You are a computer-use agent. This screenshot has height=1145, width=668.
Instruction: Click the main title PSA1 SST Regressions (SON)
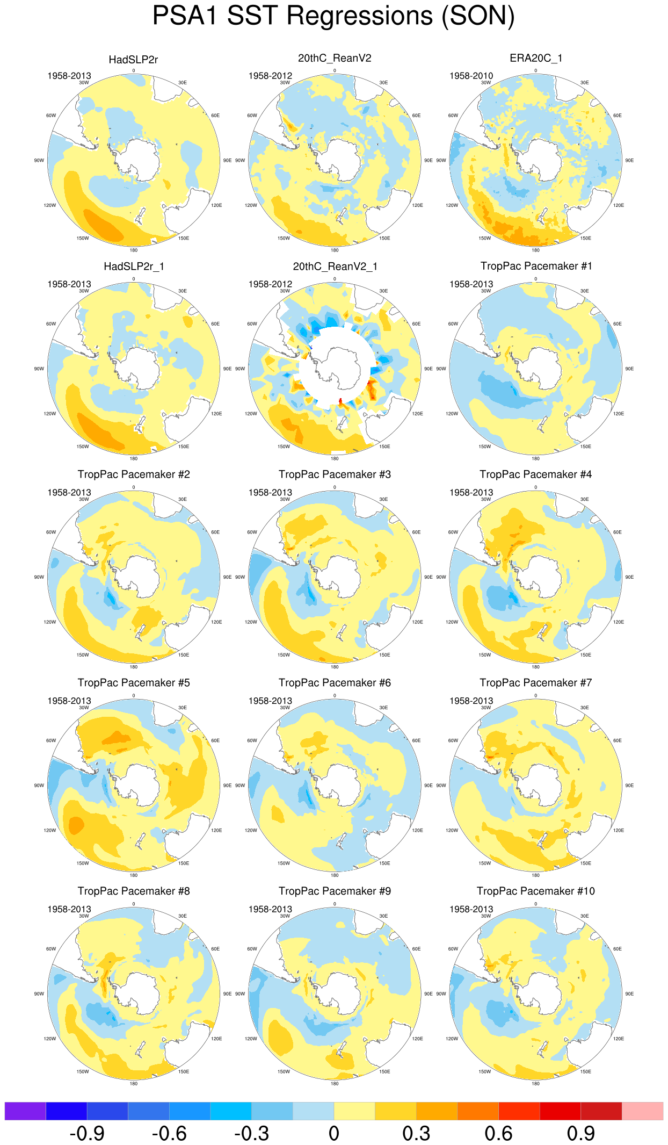[333, 16]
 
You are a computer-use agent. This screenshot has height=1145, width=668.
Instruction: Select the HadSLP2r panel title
[133, 60]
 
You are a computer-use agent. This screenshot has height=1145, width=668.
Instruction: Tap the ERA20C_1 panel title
[535, 58]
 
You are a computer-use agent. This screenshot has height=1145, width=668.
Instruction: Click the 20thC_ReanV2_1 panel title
[335, 267]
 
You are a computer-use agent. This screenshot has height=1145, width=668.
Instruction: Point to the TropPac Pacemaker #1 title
[535, 267]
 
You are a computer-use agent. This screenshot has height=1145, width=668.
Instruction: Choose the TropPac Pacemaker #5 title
[133, 683]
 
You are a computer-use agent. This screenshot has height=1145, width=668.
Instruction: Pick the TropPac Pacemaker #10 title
[535, 891]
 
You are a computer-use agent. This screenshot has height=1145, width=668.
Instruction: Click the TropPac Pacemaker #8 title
[133, 891]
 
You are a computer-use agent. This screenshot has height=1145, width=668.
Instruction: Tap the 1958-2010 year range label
[471, 76]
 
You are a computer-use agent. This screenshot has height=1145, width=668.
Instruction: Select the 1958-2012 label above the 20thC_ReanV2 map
[270, 76]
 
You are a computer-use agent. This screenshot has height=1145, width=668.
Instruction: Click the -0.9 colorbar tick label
[87, 1134]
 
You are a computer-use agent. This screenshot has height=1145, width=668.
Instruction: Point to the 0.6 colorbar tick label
[498, 1134]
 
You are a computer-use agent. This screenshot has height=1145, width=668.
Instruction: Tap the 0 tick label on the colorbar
[334, 1134]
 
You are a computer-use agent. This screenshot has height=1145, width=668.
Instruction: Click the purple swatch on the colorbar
[25, 1111]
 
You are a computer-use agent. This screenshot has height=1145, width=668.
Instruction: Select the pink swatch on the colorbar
[642, 1111]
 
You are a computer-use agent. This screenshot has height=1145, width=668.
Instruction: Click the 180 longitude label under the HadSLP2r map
[133, 250]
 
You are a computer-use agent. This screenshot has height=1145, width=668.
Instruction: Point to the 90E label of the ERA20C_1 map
[629, 161]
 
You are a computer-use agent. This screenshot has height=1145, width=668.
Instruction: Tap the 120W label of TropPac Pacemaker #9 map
[251, 1039]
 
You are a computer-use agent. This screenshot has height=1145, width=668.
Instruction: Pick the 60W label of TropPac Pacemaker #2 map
[51, 532]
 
